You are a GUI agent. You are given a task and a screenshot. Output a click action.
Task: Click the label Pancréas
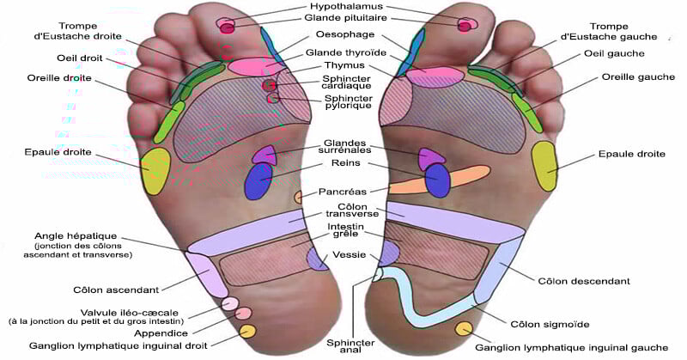click(x=342, y=192)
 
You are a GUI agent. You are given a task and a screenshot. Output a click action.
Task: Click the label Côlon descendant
click(x=583, y=281)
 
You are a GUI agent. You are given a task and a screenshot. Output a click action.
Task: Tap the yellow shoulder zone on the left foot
click(x=156, y=170)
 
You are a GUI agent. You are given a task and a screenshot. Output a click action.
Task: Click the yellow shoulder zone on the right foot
click(x=545, y=166)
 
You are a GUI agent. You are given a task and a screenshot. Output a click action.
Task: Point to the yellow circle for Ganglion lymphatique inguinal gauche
click(x=465, y=330)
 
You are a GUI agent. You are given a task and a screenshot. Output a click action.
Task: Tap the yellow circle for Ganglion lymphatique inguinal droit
click(x=247, y=331)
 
